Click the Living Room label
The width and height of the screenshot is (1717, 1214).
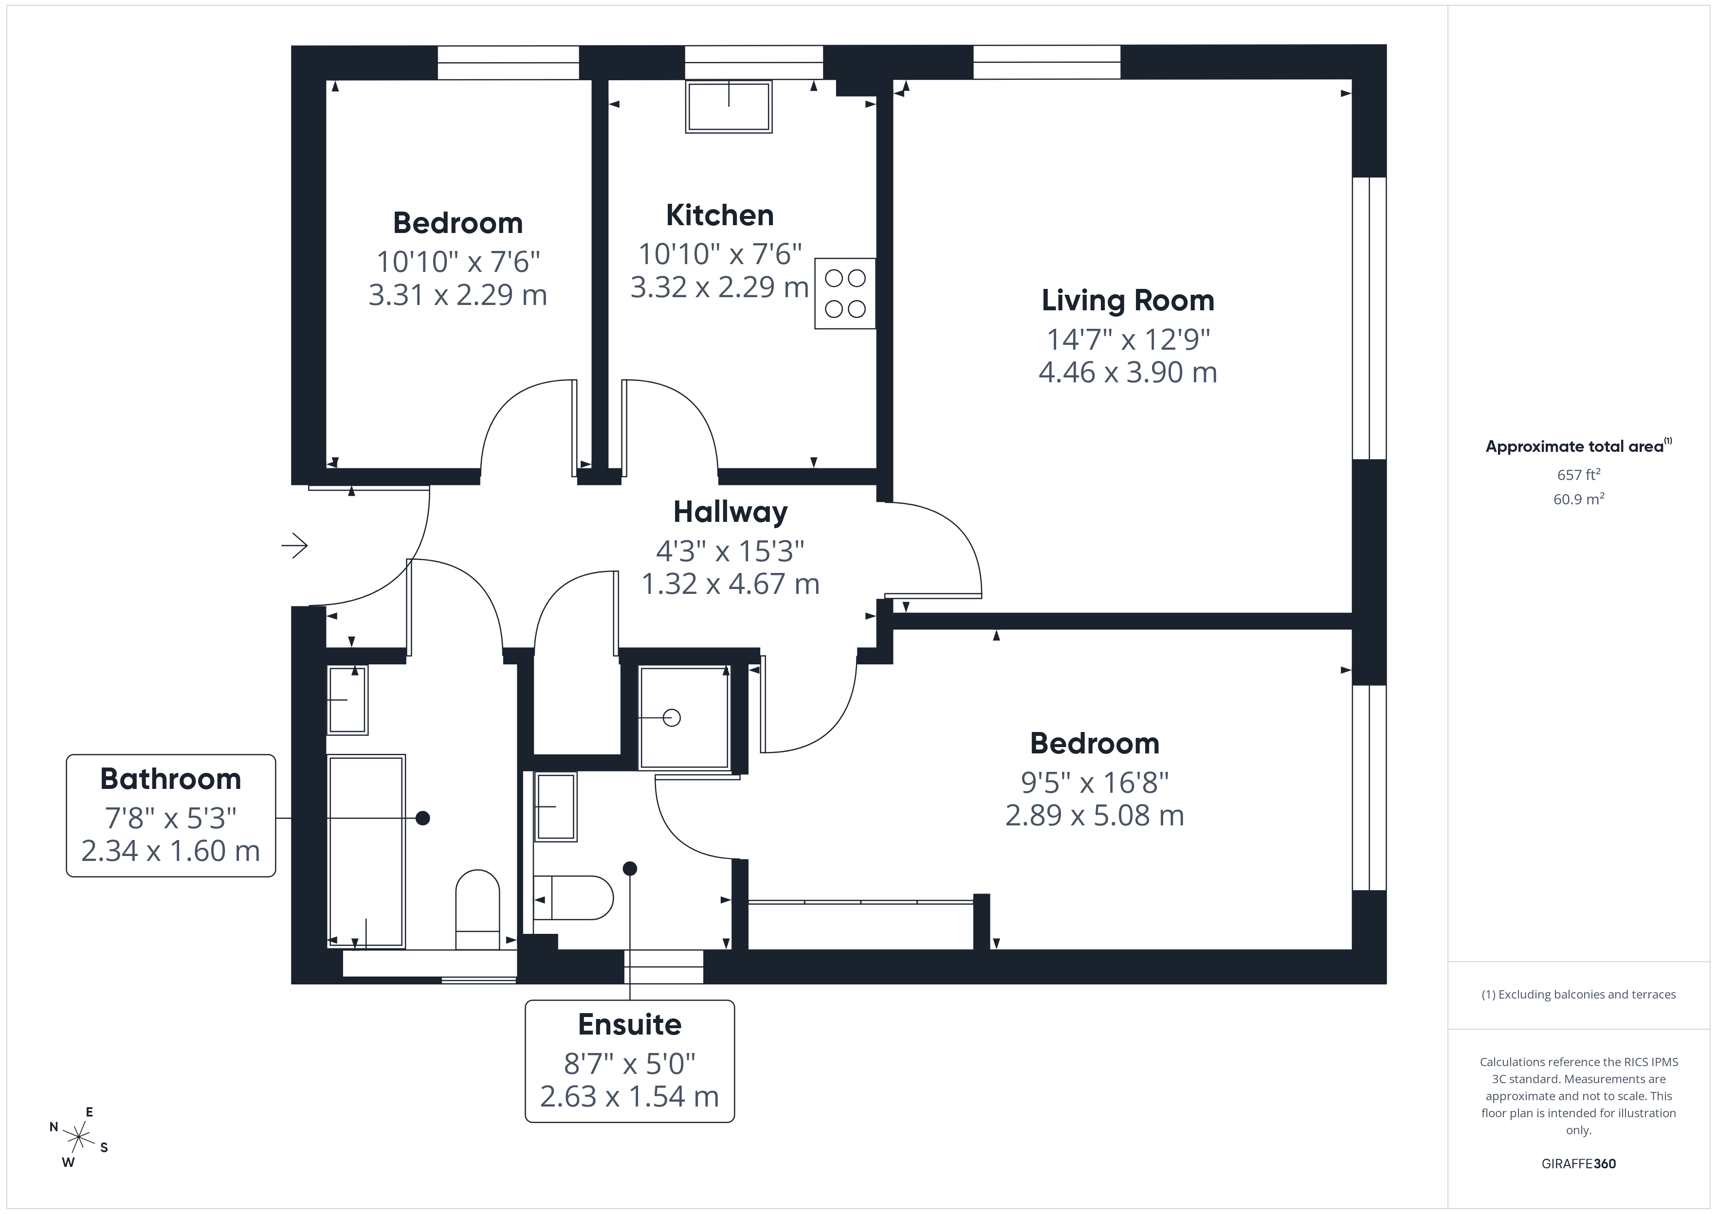pyautogui.click(x=1127, y=301)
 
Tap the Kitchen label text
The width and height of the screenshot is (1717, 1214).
pyautogui.click(x=719, y=215)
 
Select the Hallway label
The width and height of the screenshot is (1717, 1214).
pyautogui.click(x=730, y=512)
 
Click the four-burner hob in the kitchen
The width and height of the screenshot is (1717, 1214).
pyautogui.click(x=845, y=293)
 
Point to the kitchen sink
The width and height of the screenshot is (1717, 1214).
pyautogui.click(x=729, y=107)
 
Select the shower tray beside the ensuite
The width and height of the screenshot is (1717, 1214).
pyautogui.click(x=683, y=717)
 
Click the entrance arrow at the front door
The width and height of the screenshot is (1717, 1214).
pyautogui.click(x=294, y=546)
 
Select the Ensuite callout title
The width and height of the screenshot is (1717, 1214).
pyautogui.click(x=630, y=1024)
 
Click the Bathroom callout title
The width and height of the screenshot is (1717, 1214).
pyautogui.click(x=170, y=779)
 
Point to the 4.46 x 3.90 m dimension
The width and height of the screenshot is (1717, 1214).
pyautogui.click(x=1127, y=372)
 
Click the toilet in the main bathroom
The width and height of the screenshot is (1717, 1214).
pyautogui.click(x=477, y=908)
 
